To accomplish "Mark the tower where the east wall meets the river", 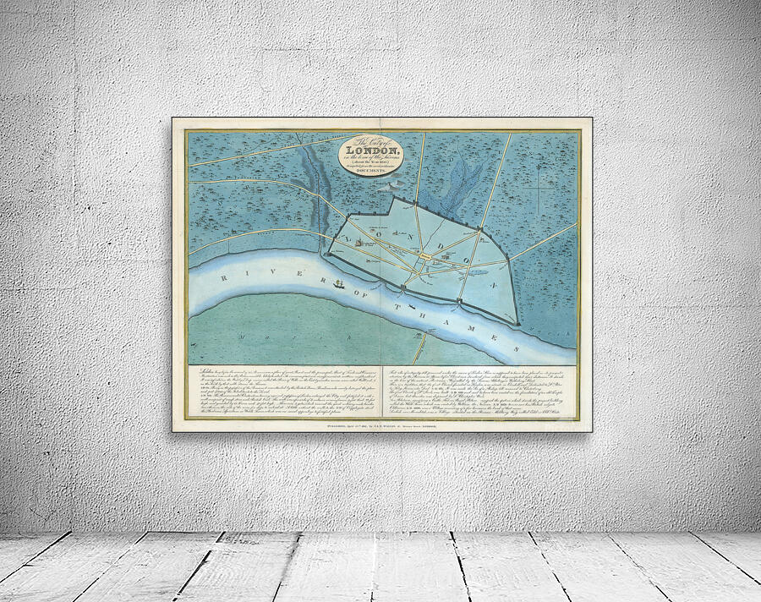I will (516, 321).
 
